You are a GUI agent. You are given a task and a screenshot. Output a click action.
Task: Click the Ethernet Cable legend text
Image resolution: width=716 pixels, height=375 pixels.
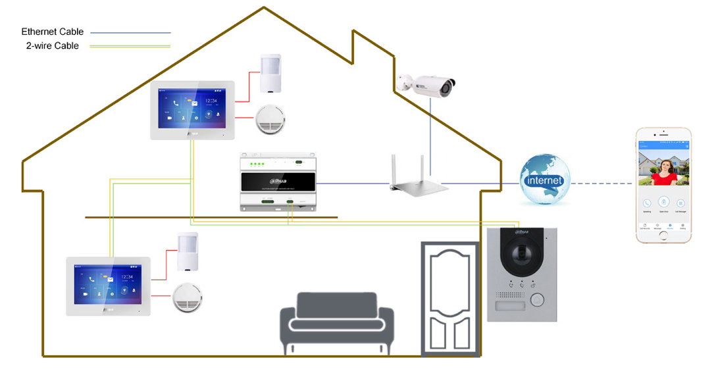pyautogui.click(x=52, y=32)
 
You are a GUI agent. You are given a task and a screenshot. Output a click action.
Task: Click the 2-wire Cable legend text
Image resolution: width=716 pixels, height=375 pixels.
pyautogui.click(x=52, y=46)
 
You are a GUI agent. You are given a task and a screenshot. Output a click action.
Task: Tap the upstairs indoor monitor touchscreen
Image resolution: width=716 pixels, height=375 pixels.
pyautogui.click(x=192, y=107)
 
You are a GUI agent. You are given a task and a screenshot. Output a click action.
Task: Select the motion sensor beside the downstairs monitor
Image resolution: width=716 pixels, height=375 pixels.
pyautogui.click(x=187, y=251)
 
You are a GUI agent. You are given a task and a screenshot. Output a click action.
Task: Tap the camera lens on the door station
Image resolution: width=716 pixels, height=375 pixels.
pyautogui.click(x=521, y=258)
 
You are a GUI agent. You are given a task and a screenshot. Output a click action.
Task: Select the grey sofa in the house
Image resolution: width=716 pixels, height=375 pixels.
pyautogui.click(x=337, y=323)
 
